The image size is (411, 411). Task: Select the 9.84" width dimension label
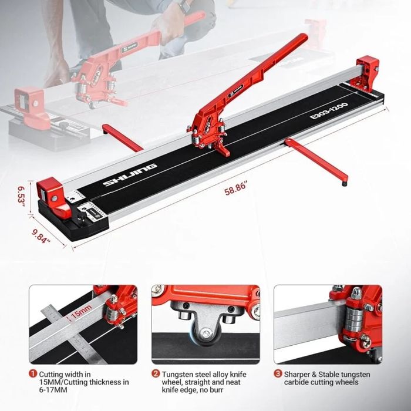coord(41,236)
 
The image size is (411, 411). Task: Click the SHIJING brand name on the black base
coord(130,175)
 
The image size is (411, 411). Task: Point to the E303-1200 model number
coord(329,110)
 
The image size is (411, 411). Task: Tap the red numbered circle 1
coord(33,373)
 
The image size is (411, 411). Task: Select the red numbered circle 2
coord(156,373)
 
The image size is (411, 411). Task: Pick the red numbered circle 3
coord(278,373)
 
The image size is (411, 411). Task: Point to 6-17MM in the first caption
coord(53,390)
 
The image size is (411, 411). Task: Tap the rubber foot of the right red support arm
coord(345,184)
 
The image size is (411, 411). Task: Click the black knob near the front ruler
coord(81,217)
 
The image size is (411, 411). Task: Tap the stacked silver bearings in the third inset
coord(355,319)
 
